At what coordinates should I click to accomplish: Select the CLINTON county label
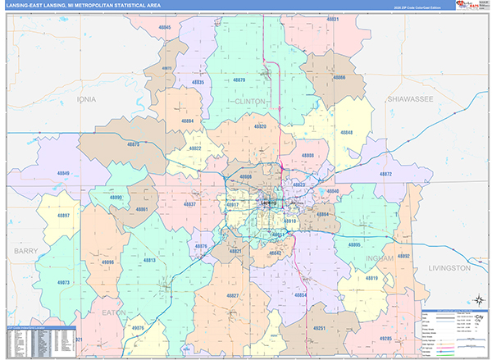250,101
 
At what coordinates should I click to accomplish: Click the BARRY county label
26,251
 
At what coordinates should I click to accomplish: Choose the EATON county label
114,312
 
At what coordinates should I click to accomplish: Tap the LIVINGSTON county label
449,268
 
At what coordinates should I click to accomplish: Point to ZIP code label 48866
339,79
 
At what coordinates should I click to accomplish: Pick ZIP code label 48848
347,132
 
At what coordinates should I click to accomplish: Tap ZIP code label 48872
386,175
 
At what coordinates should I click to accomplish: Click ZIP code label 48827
232,295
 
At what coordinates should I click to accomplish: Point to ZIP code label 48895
354,245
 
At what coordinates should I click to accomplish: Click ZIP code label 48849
64,173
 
